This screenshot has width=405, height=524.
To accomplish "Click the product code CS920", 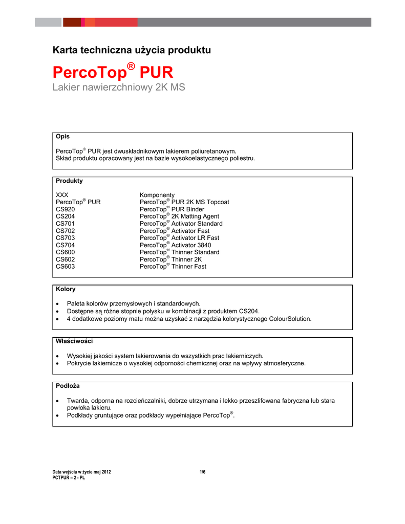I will pyautogui.click(x=65, y=209).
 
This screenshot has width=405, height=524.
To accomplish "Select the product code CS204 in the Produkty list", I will pyautogui.click(x=65, y=216).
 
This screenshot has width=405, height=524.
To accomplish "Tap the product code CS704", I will pyautogui.click(x=65, y=245).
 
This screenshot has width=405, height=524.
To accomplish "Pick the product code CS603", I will pyautogui.click(x=65, y=267).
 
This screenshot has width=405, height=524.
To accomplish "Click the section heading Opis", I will pyautogui.click(x=62, y=137).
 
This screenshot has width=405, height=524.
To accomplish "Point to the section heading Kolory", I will pyautogui.click(x=66, y=289).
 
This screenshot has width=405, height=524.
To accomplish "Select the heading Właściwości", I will pyautogui.click(x=74, y=341).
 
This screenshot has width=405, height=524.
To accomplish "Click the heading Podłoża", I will pyautogui.click(x=68, y=386).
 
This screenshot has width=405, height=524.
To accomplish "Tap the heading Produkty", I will pyautogui.click(x=69, y=181).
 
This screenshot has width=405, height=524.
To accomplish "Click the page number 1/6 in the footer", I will pyautogui.click(x=202, y=472).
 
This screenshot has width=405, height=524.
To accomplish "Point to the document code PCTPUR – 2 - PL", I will pyautogui.click(x=69, y=477).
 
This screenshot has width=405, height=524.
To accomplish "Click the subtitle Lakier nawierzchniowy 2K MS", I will pyautogui.click(x=119, y=88).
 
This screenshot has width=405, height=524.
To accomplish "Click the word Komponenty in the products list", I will pyautogui.click(x=157, y=195).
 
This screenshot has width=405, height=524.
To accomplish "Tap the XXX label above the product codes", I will pyautogui.click(x=62, y=195).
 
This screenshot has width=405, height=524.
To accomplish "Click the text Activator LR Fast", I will pyautogui.click(x=195, y=238).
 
